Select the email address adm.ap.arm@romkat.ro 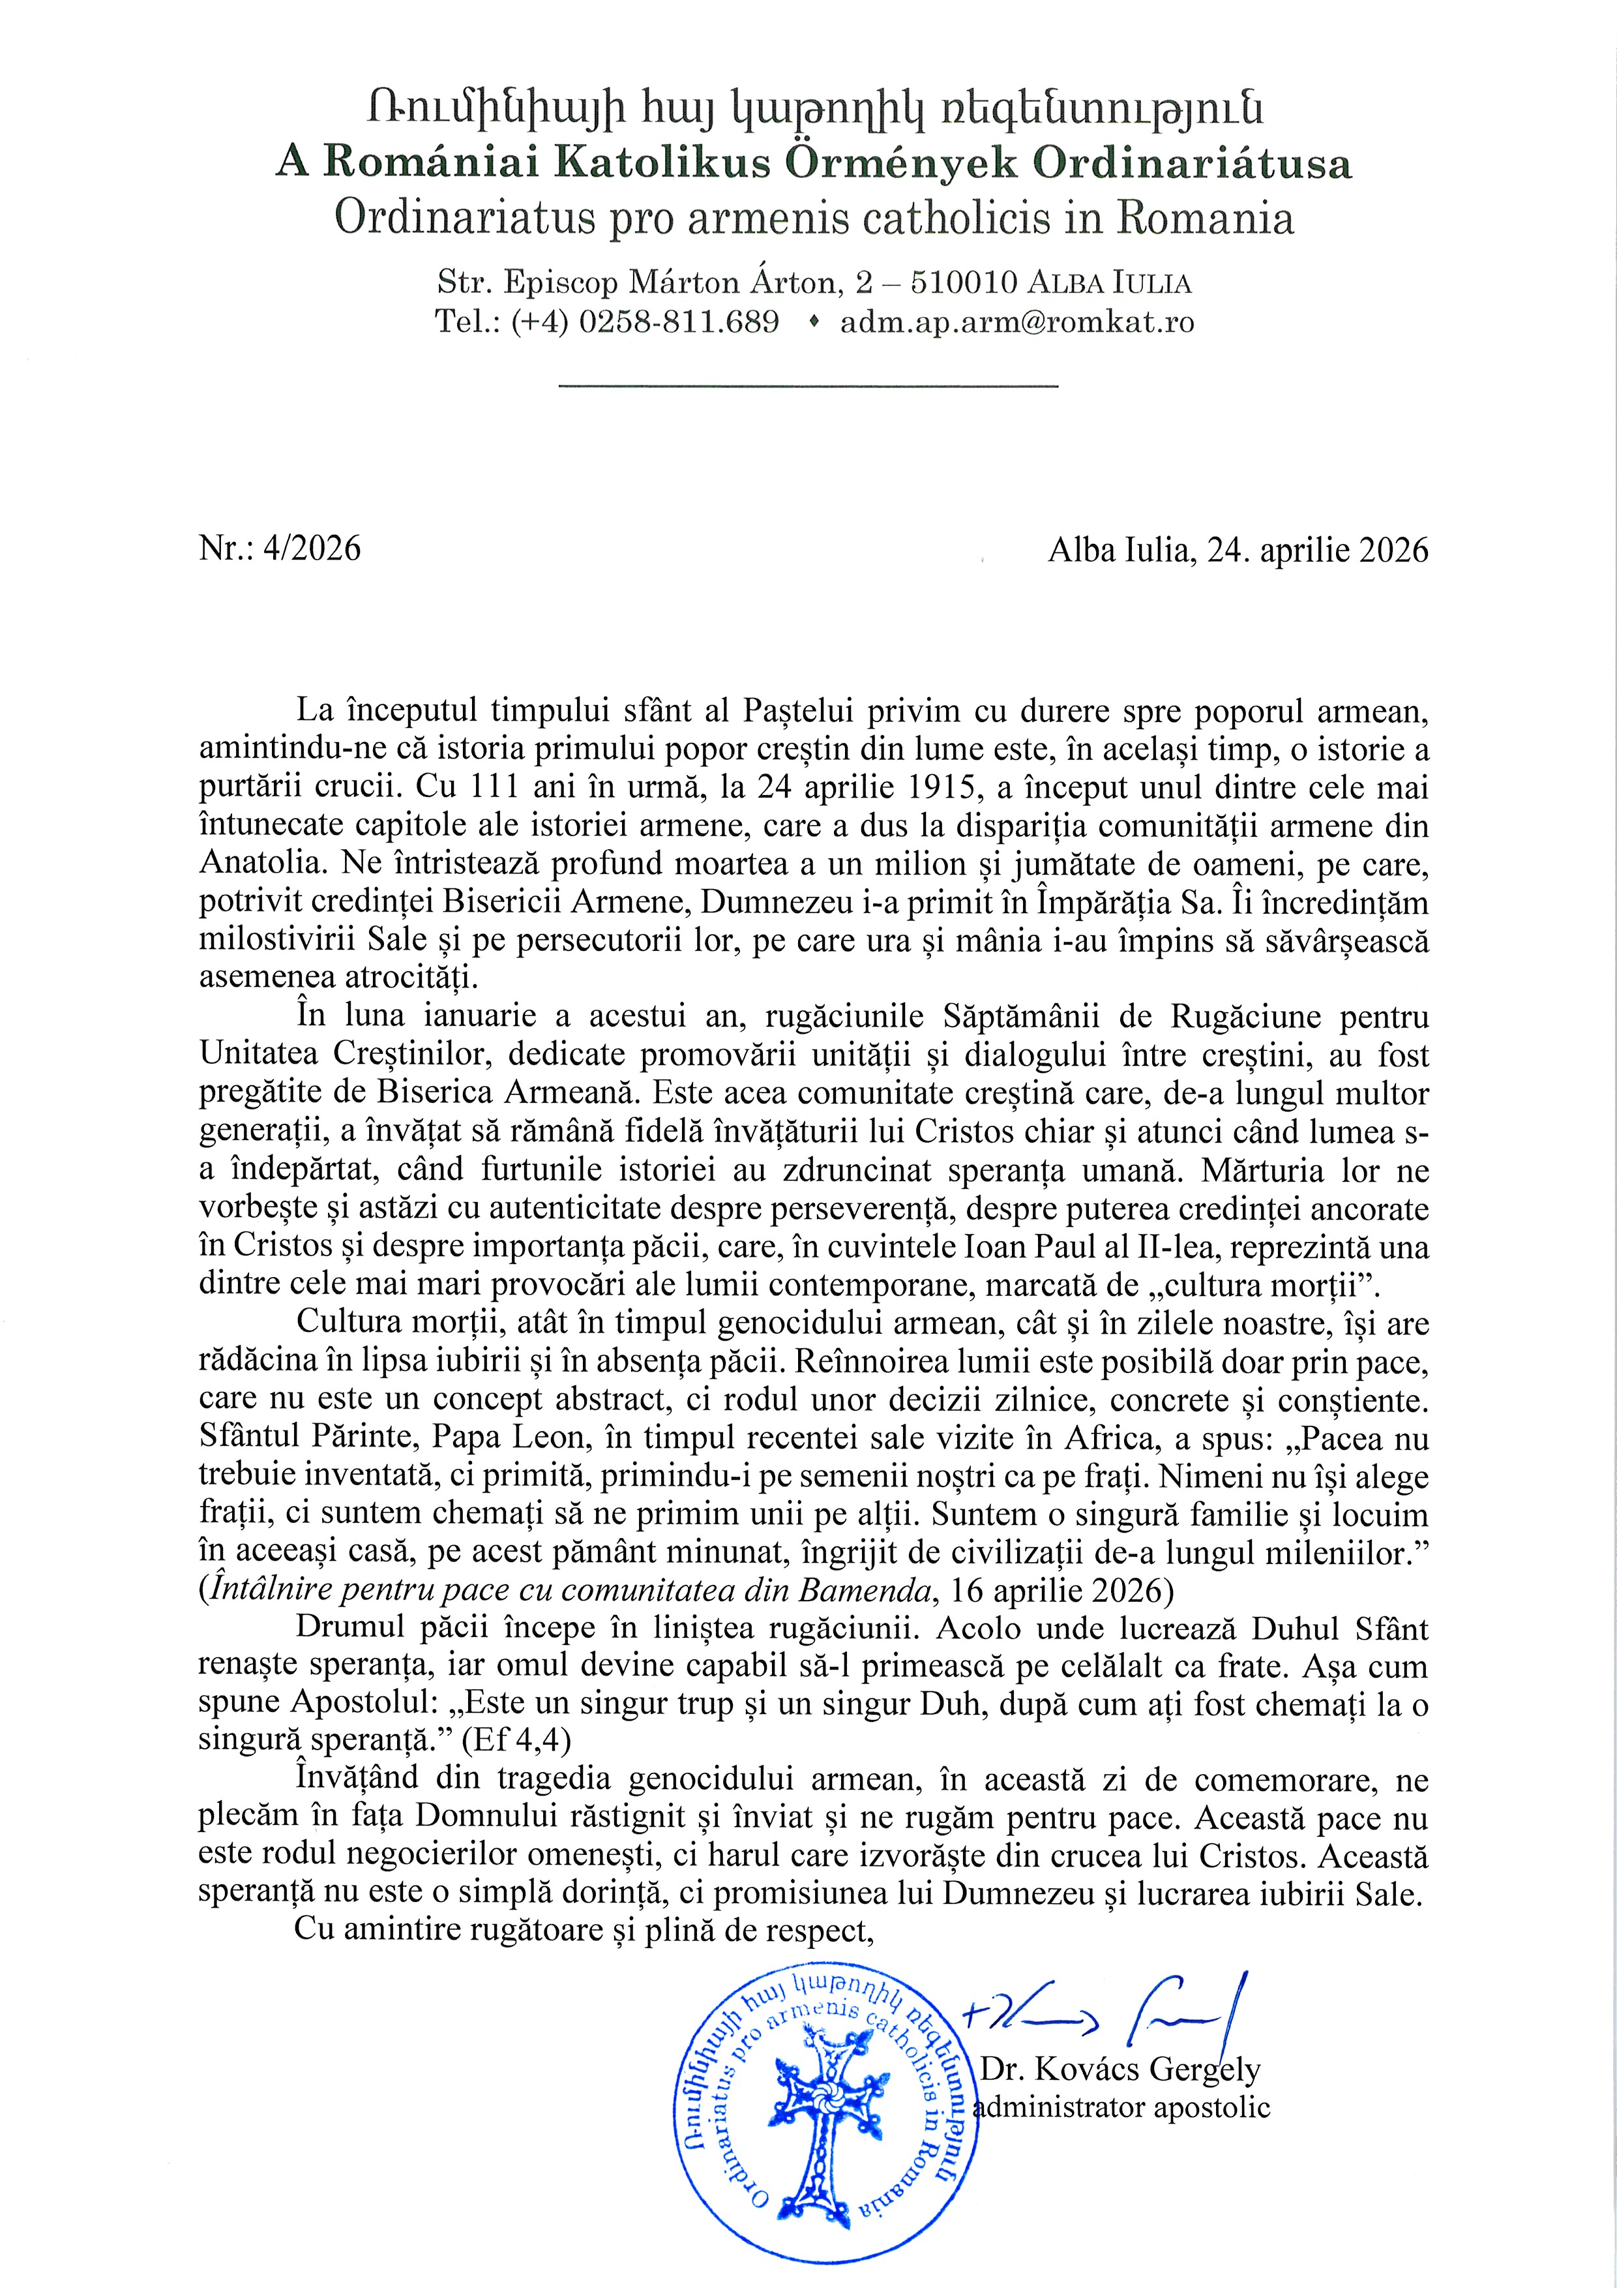(1017, 323)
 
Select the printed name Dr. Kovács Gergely (1120, 2070)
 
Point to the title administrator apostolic (1121, 2107)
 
